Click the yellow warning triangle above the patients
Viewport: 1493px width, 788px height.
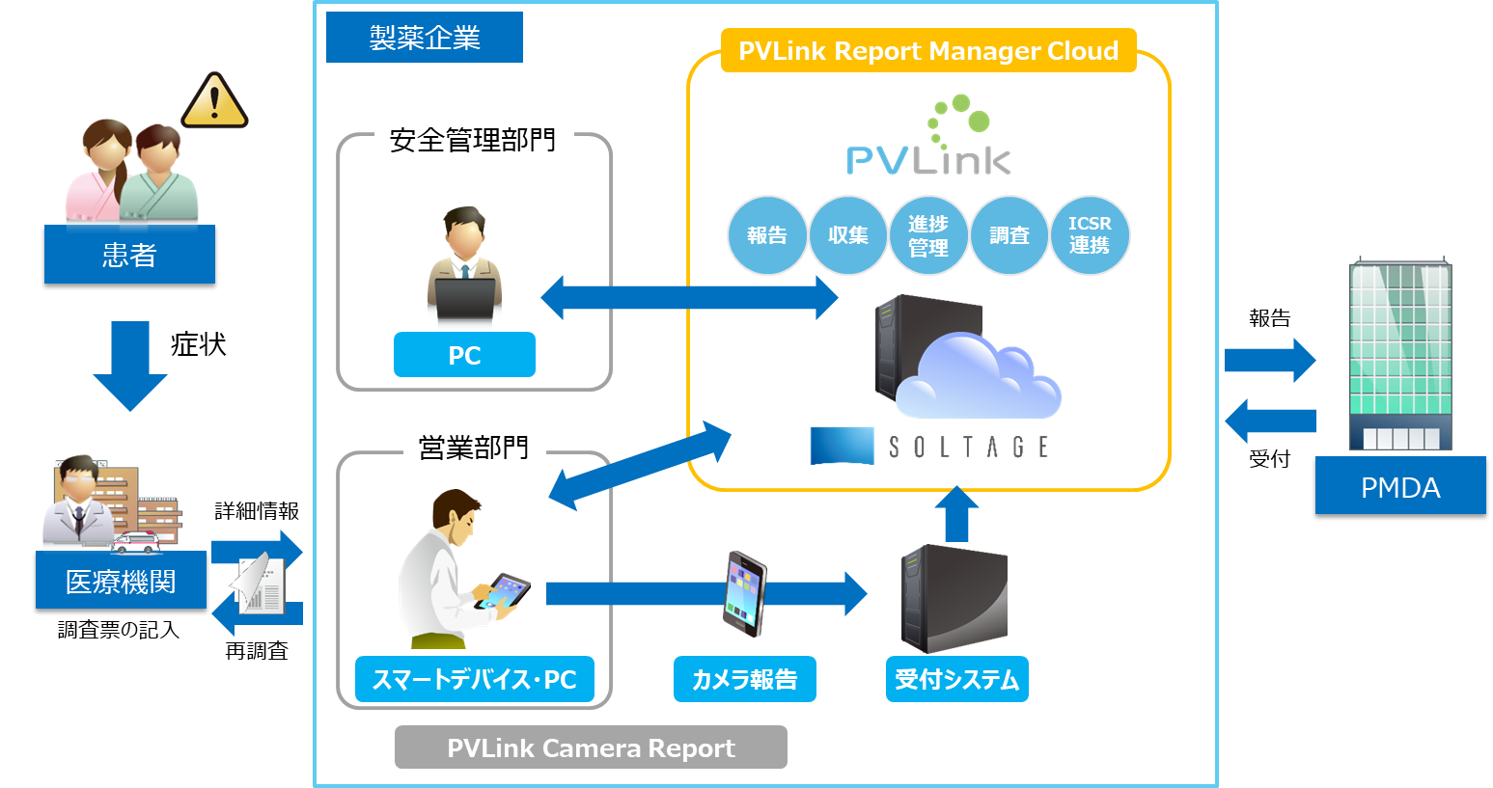[214, 101]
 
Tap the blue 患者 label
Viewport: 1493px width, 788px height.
[129, 255]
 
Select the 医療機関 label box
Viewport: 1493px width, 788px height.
[121, 581]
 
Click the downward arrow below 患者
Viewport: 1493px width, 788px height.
[130, 366]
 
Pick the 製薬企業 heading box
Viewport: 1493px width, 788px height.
[425, 38]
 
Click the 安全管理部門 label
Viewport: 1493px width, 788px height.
[473, 141]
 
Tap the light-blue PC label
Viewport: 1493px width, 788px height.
[464, 355]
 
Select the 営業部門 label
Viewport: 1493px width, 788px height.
[474, 448]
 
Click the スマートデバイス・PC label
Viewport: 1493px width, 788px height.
[474, 679]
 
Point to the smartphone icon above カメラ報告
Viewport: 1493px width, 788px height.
[744, 593]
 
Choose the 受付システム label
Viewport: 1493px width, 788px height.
[956, 679]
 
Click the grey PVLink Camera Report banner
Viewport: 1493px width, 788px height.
[591, 747]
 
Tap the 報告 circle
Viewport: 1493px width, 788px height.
[766, 235]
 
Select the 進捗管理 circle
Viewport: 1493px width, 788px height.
[928, 235]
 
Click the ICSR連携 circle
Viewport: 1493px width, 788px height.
[1090, 235]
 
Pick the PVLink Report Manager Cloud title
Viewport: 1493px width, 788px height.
[928, 51]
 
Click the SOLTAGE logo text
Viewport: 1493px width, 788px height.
[968, 447]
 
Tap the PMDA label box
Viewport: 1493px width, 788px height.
[1400, 486]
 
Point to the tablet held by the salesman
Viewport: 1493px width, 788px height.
[507, 589]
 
